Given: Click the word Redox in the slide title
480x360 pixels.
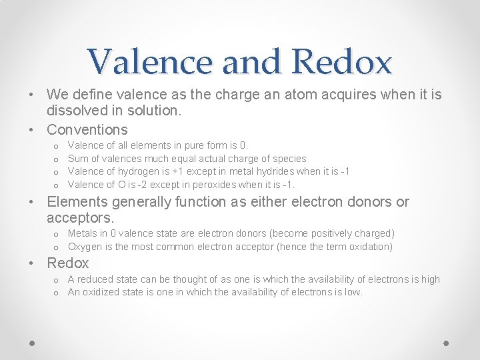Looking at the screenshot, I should [x=342, y=63].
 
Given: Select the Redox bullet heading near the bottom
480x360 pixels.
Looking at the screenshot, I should [x=68, y=263].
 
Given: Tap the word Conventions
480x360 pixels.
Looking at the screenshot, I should [x=87, y=129].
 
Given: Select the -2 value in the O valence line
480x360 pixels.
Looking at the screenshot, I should [x=145, y=185].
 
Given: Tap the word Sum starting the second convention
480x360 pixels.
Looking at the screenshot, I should [x=78, y=159].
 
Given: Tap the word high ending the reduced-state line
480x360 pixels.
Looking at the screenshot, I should [x=429, y=279].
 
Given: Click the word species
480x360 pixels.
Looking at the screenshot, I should [x=289, y=159].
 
